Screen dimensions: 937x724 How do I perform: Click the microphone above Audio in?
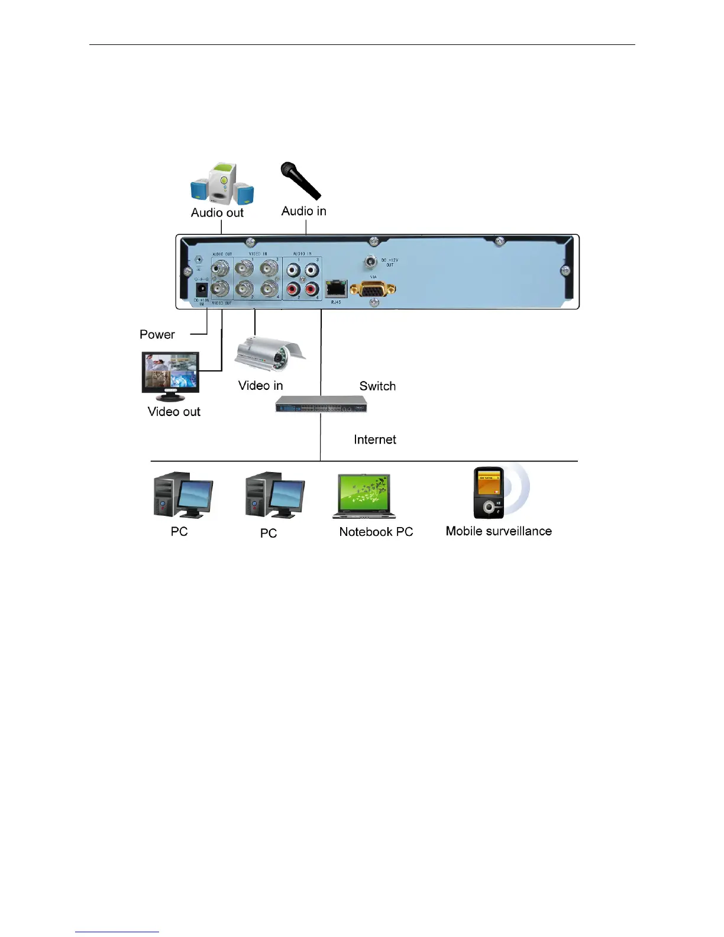click(300, 180)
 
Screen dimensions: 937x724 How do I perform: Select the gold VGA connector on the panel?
click(373, 289)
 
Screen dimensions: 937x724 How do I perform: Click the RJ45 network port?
click(336, 289)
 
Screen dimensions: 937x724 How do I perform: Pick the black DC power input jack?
click(202, 289)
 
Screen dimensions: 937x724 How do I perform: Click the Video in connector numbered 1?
click(244, 269)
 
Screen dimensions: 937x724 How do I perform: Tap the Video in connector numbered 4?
click(270, 289)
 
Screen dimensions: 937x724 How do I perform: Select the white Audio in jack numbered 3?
click(312, 270)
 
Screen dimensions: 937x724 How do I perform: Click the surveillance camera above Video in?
click(270, 354)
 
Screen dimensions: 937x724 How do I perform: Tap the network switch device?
click(321, 405)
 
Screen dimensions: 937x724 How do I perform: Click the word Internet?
click(375, 440)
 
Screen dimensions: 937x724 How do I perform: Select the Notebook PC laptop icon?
click(364, 496)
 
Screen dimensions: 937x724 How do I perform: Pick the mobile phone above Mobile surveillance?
click(489, 492)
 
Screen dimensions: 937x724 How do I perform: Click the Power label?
click(157, 334)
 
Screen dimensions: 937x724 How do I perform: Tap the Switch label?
click(377, 386)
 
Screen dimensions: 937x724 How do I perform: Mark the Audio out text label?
click(217, 213)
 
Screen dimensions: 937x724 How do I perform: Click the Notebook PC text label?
click(376, 532)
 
